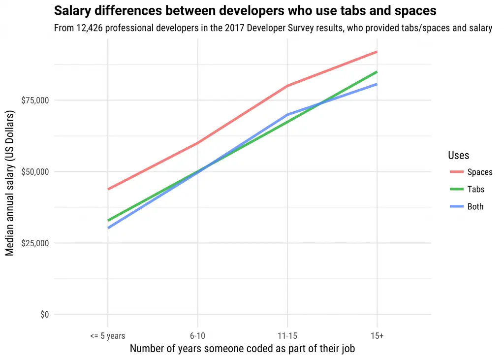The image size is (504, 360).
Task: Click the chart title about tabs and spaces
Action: [x=245, y=10]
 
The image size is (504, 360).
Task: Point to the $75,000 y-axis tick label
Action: [x=35, y=100]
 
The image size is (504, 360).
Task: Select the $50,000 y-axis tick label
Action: [x=35, y=172]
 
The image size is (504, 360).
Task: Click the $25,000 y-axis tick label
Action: [x=35, y=243]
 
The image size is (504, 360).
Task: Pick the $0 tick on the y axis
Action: [x=44, y=315]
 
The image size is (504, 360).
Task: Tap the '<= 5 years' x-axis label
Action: [x=107, y=336]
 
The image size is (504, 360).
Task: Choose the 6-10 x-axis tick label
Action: [x=197, y=336]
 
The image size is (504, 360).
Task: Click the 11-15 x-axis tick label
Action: [x=287, y=336]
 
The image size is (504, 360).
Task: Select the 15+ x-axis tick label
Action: [x=377, y=336]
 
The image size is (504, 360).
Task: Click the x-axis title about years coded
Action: [x=242, y=349]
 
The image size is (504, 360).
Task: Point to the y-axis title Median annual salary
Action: [x=10, y=182]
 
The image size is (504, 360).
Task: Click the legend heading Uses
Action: [x=458, y=156]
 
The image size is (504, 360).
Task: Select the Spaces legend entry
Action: [x=479, y=172]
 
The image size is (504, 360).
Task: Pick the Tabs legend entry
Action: [x=475, y=190]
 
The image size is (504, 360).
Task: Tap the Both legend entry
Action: [x=475, y=207]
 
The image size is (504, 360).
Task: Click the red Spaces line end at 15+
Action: [x=377, y=52]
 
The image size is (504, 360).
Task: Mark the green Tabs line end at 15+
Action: [x=377, y=72]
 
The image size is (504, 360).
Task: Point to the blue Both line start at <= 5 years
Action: [x=108, y=228]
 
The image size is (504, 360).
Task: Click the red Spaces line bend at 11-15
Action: [x=287, y=86]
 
